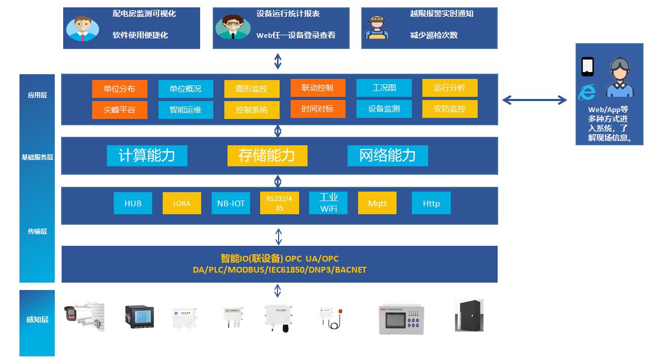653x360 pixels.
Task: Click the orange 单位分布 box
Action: click(120, 89)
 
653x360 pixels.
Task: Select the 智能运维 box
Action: click(186, 110)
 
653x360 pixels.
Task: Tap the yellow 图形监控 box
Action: click(252, 89)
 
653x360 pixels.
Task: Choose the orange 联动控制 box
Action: click(317, 88)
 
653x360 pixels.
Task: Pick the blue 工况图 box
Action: click(384, 88)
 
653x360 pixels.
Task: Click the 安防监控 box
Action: click(450, 109)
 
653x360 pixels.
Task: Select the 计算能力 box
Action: click(147, 156)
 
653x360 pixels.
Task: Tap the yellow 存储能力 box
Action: click(267, 156)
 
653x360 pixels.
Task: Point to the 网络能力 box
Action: click(388, 156)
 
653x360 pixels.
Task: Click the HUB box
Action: click(133, 203)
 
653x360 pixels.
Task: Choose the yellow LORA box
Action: click(182, 203)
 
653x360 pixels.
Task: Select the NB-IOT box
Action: click(231, 203)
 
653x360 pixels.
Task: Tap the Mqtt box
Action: click(377, 203)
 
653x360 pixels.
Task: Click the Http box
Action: click(431, 203)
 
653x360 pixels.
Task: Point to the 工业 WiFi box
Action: click(329, 203)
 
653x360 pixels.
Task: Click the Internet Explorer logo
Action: click(587, 93)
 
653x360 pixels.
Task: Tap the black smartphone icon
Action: click(587, 67)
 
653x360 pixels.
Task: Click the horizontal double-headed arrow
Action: click(535, 100)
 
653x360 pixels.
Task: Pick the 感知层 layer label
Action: click(37, 319)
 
